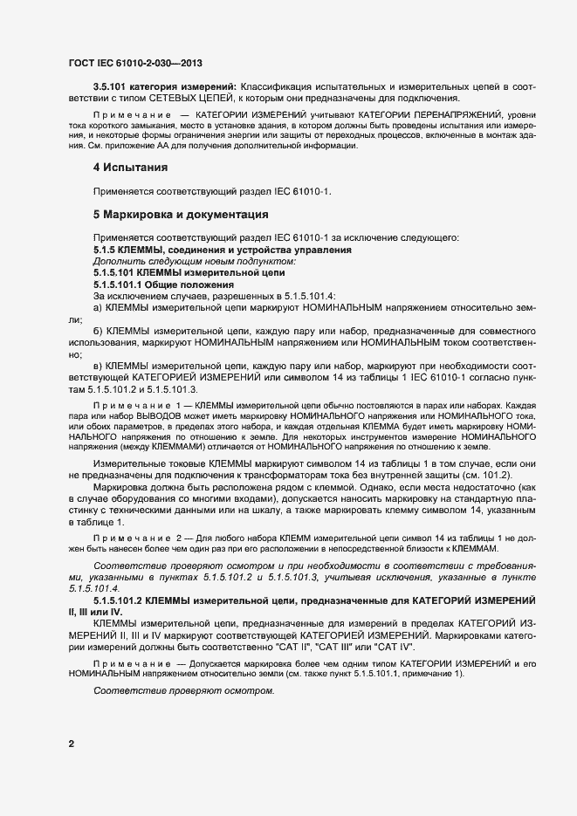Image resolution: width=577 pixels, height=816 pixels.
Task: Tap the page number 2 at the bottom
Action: coord(71,744)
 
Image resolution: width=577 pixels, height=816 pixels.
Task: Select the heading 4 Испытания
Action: coord(131,167)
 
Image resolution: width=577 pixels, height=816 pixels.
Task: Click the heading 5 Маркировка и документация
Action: coord(180,214)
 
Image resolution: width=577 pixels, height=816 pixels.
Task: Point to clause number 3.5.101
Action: coord(111,87)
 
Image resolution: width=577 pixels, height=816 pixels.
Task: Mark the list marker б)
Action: coord(99,333)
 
